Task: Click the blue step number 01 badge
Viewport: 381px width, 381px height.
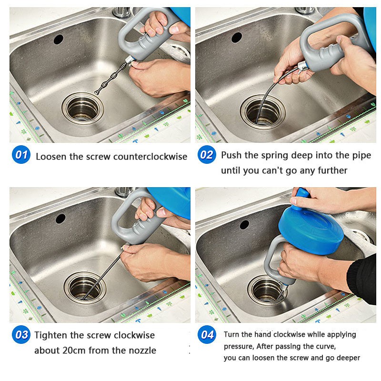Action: click(21, 154)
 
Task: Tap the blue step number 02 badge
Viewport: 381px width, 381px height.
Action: click(207, 154)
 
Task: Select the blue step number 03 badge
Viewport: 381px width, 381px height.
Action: click(21, 335)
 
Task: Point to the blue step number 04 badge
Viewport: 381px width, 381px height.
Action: click(207, 335)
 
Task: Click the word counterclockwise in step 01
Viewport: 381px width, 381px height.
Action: click(150, 157)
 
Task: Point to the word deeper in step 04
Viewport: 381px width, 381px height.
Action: click(348, 358)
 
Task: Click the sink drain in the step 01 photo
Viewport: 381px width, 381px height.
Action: click(82, 109)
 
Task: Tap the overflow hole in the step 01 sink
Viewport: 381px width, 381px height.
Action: click(58, 40)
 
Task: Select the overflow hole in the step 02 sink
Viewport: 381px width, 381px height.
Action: click(237, 38)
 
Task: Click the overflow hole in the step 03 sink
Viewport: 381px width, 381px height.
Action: click(60, 219)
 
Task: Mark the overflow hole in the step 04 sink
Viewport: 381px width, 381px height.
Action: click(244, 225)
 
